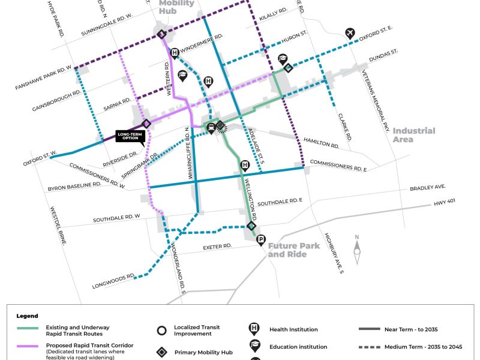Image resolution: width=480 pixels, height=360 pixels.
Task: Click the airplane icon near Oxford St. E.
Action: click(350, 32)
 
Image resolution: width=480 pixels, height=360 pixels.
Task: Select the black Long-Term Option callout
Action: click(130, 136)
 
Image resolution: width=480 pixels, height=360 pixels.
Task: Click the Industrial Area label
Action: click(414, 135)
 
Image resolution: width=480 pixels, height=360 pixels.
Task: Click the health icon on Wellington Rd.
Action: click(245, 165)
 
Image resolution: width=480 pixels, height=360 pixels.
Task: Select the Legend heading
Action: click(27, 316)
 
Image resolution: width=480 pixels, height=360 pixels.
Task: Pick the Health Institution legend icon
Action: click(254, 329)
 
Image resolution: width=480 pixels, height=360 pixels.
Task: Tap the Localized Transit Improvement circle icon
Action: click(161, 331)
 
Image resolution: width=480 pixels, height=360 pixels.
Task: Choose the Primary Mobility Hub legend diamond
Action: click(161, 352)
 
